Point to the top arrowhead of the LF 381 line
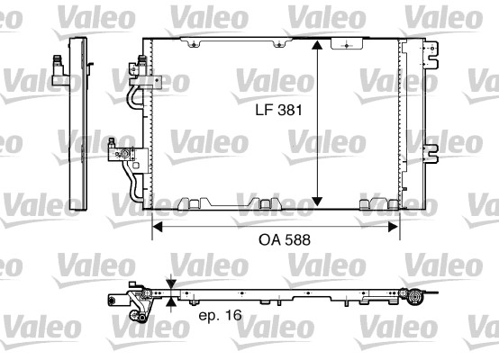317,45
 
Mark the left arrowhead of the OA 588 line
155,226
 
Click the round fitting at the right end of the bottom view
417,299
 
